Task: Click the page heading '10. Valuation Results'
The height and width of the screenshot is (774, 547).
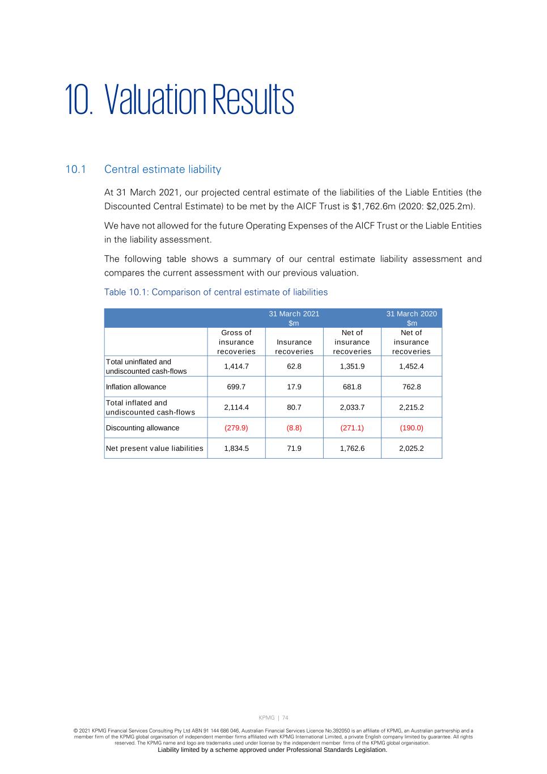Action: (179, 100)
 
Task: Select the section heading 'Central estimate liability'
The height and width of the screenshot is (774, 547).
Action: (163, 170)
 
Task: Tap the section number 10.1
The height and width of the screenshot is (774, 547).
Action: (75, 170)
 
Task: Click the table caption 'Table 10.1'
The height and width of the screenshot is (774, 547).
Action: (215, 292)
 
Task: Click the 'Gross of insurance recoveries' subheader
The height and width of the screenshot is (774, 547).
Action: (236, 342)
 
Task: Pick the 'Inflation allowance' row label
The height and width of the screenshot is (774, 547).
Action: (136, 387)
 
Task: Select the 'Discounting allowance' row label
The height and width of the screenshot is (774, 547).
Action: (142, 428)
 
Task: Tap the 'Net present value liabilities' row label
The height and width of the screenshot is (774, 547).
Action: (154, 449)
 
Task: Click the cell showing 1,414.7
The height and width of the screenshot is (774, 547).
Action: (236, 366)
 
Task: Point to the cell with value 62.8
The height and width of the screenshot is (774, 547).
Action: (294, 366)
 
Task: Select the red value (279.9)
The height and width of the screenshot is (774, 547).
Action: (236, 428)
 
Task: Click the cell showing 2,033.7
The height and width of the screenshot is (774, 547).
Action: (352, 407)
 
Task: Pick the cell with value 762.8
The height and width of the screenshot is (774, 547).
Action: (412, 387)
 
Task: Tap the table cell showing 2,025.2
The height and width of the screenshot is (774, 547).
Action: (412, 449)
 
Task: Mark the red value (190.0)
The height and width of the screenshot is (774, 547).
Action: (412, 428)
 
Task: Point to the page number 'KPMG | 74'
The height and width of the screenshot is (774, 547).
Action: (273, 718)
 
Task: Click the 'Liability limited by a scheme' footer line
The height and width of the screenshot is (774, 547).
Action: (273, 750)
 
